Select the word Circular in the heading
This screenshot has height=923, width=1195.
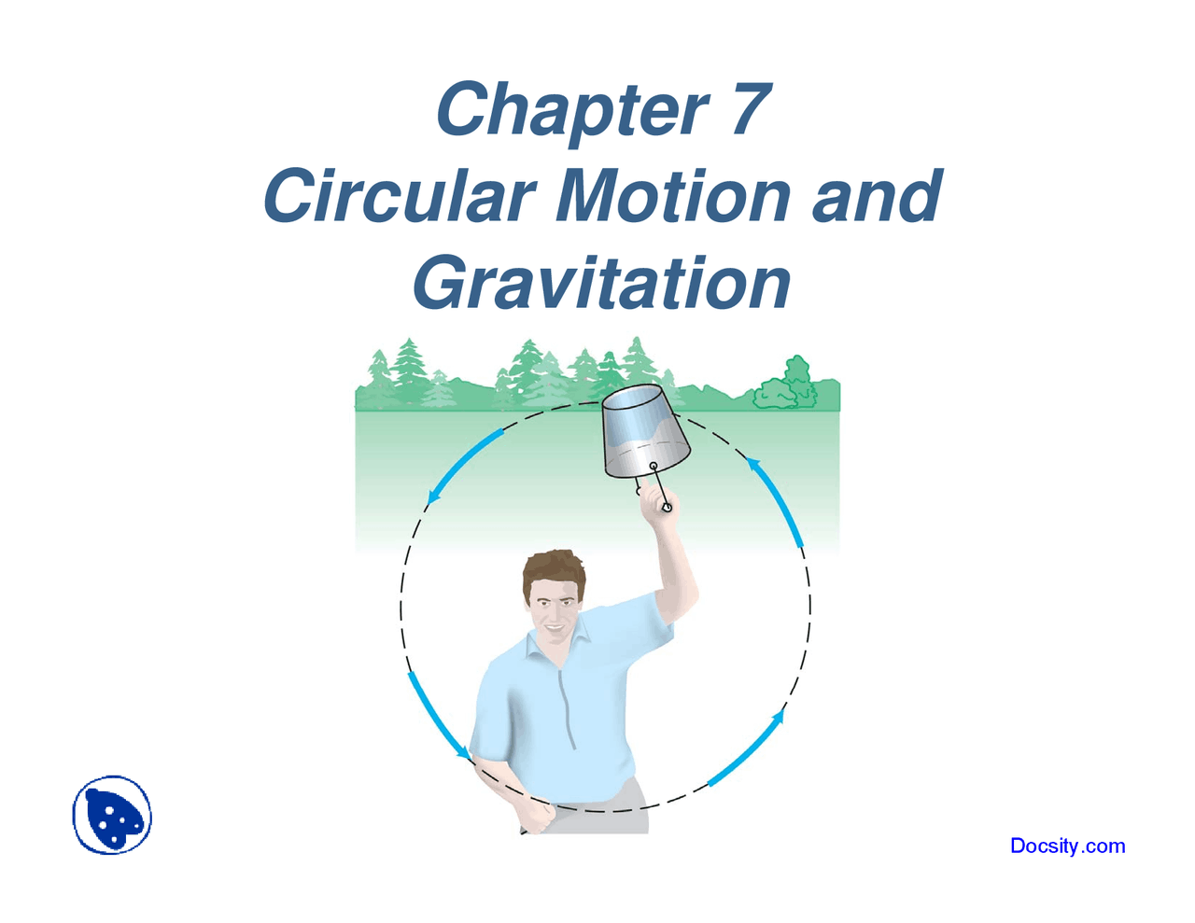(400, 195)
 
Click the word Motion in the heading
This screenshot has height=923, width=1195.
(673, 195)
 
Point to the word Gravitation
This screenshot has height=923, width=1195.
(601, 283)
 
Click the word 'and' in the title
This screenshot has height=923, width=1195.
(878, 195)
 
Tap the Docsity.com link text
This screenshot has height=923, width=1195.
(1067, 846)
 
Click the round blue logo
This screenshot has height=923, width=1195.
(112, 815)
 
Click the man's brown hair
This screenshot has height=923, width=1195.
(554, 572)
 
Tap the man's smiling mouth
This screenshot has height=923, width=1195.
(555, 627)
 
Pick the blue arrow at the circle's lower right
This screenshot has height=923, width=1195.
(746, 748)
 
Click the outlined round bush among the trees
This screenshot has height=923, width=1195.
(785, 384)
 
